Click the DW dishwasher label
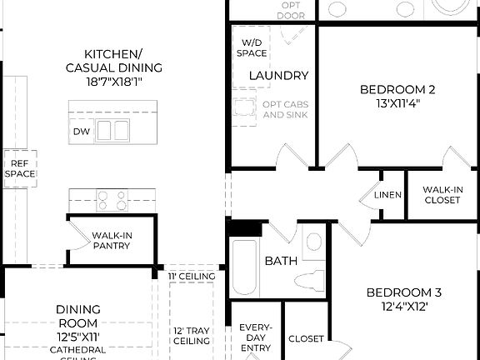pos(82,131)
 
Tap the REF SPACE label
pos(19,168)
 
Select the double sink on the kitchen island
pos(112,130)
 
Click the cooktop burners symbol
pos(112,200)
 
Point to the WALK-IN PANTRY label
pos(112,241)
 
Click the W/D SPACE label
pos(254,47)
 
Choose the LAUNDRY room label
pos(278,76)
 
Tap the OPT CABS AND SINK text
pos(284,109)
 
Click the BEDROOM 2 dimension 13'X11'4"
pos(397,104)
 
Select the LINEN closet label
pos(387,195)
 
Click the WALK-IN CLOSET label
pos(442,194)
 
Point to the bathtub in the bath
pos(243,267)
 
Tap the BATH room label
pos(281,262)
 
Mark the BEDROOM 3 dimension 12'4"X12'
pos(404,306)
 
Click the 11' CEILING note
pos(192,277)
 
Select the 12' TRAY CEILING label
pos(192,335)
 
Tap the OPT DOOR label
pos(292,10)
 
